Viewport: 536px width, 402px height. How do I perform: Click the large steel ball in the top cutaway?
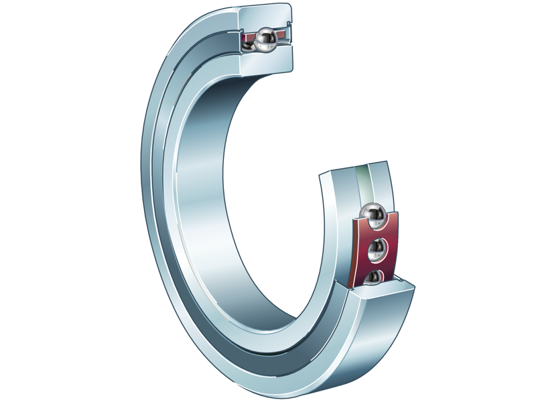[266, 40]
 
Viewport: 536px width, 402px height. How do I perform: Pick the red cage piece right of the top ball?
[281, 34]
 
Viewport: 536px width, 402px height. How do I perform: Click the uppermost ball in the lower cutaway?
[371, 216]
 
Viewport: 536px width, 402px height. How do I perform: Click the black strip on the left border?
[27, 201]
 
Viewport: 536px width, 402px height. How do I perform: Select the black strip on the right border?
[509, 201]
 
